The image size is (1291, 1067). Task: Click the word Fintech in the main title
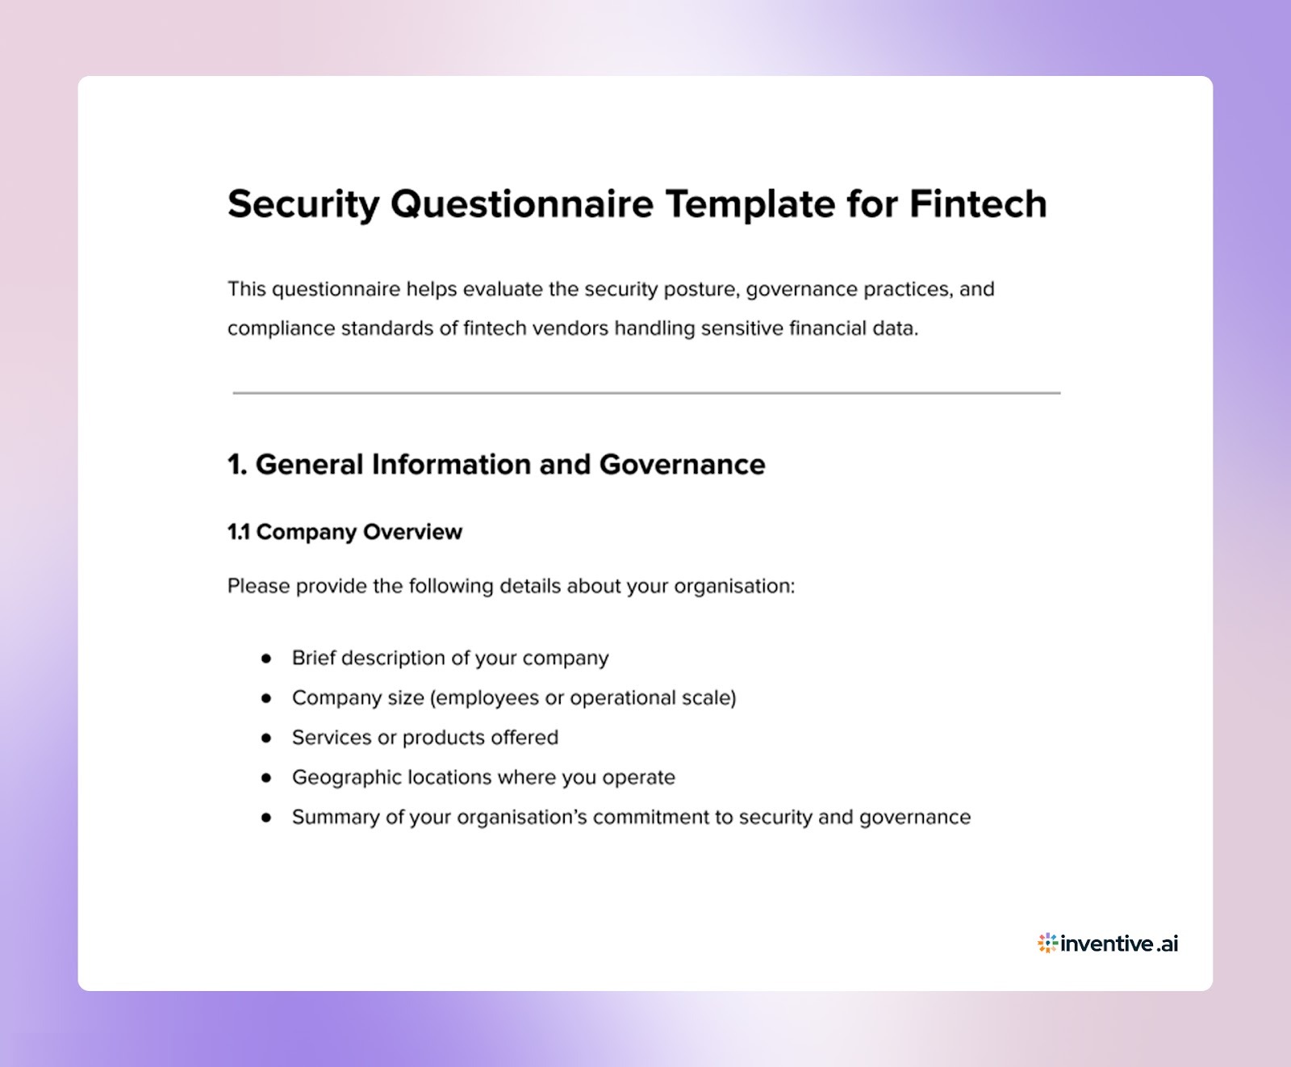pos(977,203)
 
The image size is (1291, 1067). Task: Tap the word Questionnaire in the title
pos(522,203)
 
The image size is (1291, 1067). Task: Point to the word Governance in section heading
pos(682,465)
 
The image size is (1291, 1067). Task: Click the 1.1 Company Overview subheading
pos(345,532)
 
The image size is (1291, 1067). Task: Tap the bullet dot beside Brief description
pos(266,659)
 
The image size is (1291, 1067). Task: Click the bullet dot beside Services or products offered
pos(266,738)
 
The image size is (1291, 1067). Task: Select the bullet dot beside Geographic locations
pos(266,777)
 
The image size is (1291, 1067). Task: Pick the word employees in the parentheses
pos(487,698)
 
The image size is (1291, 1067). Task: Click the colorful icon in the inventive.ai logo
pos(1047,943)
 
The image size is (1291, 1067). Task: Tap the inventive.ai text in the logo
pos(1119,944)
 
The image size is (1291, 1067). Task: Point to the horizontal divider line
pos(645,393)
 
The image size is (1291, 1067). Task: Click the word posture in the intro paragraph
pos(700,289)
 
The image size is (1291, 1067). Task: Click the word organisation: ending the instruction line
pos(734,587)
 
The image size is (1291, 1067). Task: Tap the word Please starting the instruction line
pos(258,586)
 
